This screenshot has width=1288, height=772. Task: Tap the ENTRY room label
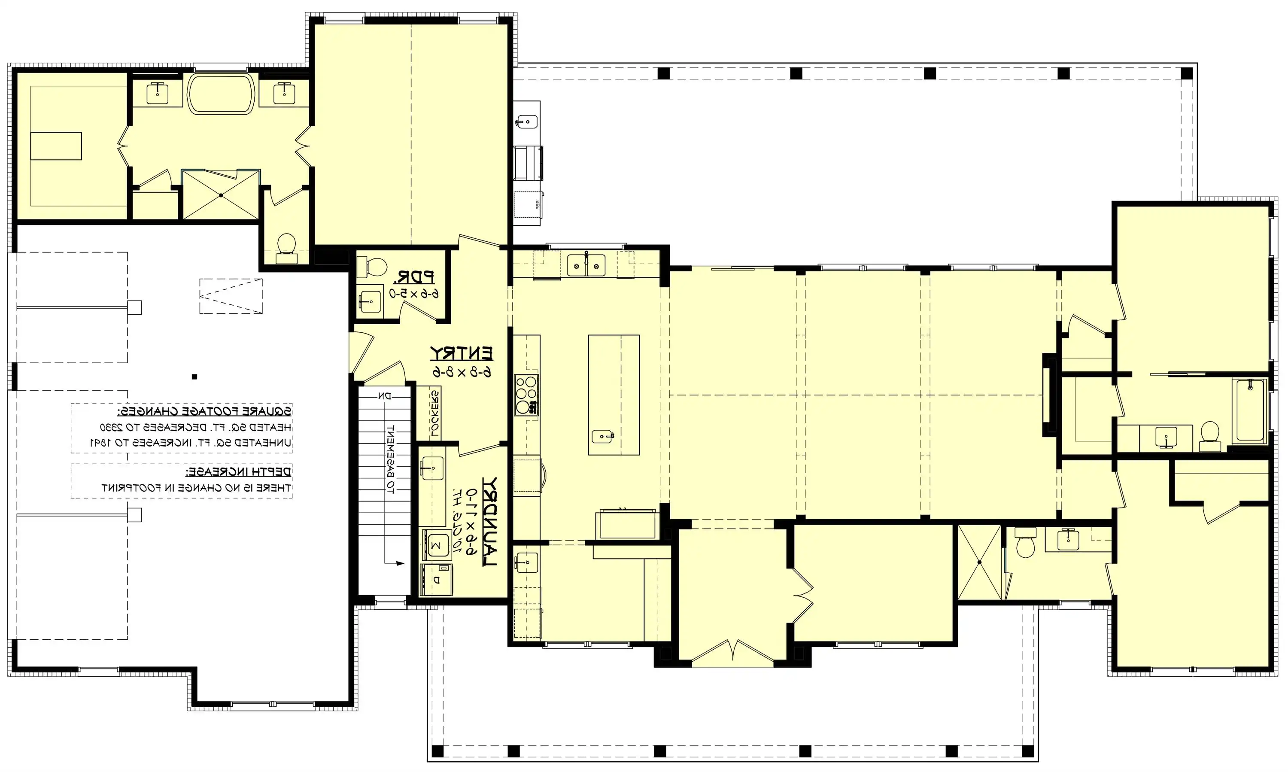coord(462,353)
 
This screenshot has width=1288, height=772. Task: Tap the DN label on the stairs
coord(384,396)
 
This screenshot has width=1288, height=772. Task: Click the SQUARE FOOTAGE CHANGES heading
coord(204,411)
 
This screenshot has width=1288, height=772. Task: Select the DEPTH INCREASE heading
coord(239,472)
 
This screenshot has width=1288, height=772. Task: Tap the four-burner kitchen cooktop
coord(526,395)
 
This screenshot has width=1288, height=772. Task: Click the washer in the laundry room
coord(436,545)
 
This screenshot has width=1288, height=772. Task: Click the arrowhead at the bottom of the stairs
coord(400,563)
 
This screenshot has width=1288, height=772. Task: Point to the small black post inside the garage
coord(194,377)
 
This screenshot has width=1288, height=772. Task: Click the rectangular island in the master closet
coord(56,146)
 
